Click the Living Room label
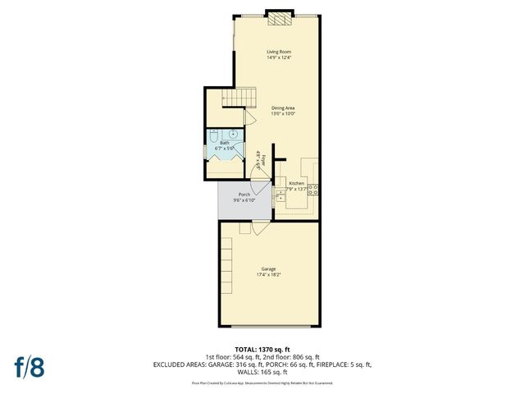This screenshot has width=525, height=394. coord(279,52)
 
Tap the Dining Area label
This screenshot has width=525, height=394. coord(283,108)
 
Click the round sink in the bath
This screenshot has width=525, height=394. coord(233,134)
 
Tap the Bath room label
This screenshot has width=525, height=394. coord(224,143)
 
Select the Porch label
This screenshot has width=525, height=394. coord(244,194)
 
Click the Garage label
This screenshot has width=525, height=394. coord(268,268)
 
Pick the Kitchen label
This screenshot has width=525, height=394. coord(296,183)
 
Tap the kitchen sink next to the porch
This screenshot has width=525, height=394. coord(281,195)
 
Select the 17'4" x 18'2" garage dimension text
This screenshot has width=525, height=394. coord(268,274)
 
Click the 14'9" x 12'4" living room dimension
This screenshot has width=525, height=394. coord(279,57)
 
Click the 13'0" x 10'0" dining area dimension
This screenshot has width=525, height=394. coord(283,113)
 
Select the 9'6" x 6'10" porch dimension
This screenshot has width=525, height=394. coord(244,199)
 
